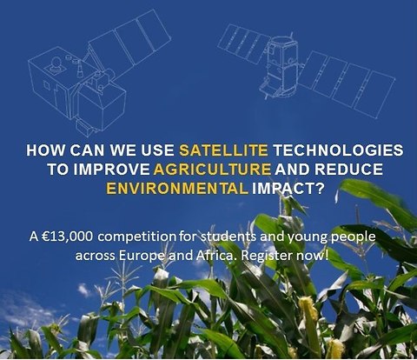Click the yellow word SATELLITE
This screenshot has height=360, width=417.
223,150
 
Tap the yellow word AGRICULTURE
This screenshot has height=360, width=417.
212,170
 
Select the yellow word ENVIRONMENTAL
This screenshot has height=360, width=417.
177,189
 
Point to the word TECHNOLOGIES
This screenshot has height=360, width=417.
338,150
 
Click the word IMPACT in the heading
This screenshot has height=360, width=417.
288,189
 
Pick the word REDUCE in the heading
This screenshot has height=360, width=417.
348,170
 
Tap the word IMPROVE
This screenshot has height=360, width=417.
111,170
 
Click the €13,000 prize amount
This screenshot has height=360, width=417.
68,237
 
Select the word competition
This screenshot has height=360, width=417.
136,237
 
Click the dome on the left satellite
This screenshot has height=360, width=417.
56,63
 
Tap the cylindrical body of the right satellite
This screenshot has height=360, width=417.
281,66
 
